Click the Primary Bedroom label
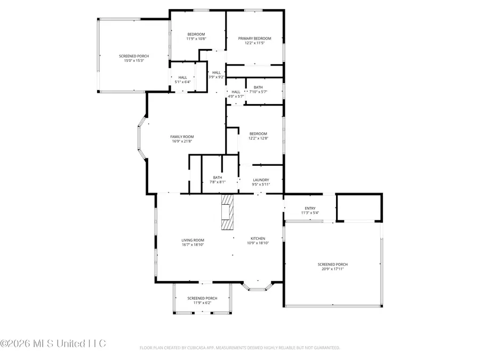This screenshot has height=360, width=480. pyautogui.click(x=255, y=38)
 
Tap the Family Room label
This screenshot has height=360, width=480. pyautogui.click(x=182, y=137)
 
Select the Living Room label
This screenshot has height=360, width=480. pyautogui.click(x=193, y=241)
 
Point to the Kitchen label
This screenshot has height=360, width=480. pyautogui.click(x=258, y=238)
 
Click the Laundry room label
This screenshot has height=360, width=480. pyautogui.click(x=261, y=180)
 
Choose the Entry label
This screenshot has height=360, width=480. pyautogui.click(x=310, y=208)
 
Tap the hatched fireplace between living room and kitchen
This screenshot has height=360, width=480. pyautogui.click(x=227, y=212)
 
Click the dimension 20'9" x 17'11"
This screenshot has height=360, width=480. pyautogui.click(x=333, y=269)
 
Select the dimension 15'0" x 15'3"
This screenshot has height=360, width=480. pyautogui.click(x=134, y=61)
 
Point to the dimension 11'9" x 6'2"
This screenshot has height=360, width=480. pyautogui.click(x=202, y=303)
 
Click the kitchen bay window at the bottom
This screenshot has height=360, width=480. pyautogui.click(x=258, y=287)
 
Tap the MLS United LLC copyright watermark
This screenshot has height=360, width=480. pyautogui.click(x=53, y=343)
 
